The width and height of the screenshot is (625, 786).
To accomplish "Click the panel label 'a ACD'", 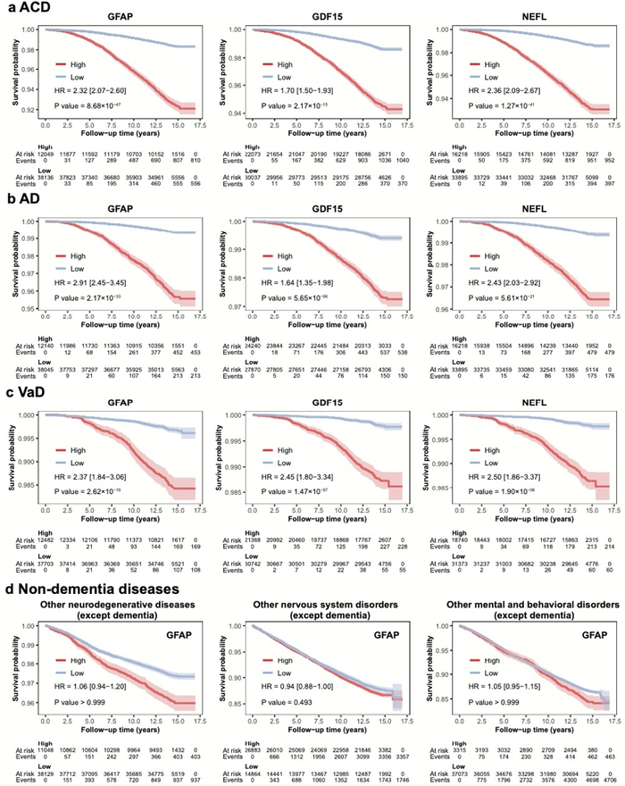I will click(x=27, y=8).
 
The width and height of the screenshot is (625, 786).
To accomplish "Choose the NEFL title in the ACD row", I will click(x=521, y=16).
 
